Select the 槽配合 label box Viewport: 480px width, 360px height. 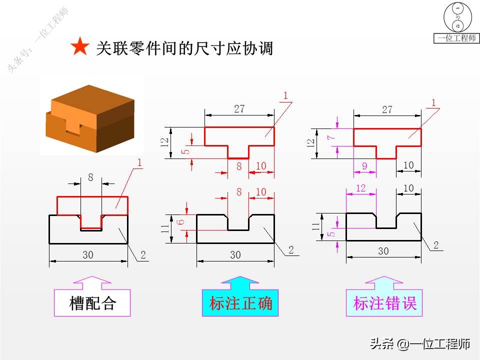(x=92, y=302)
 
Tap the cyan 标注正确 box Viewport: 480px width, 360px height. (x=240, y=302)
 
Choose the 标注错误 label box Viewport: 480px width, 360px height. (x=384, y=302)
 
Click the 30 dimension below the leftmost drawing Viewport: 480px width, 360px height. (x=88, y=255)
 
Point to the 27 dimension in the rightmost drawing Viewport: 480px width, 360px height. (x=387, y=109)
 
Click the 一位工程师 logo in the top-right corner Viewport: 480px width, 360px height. (x=456, y=23)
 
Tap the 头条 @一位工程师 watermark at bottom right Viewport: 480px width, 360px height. (x=419, y=344)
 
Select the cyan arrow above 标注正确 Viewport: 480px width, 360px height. (x=240, y=282)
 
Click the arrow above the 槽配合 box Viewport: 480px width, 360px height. (x=92, y=282)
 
